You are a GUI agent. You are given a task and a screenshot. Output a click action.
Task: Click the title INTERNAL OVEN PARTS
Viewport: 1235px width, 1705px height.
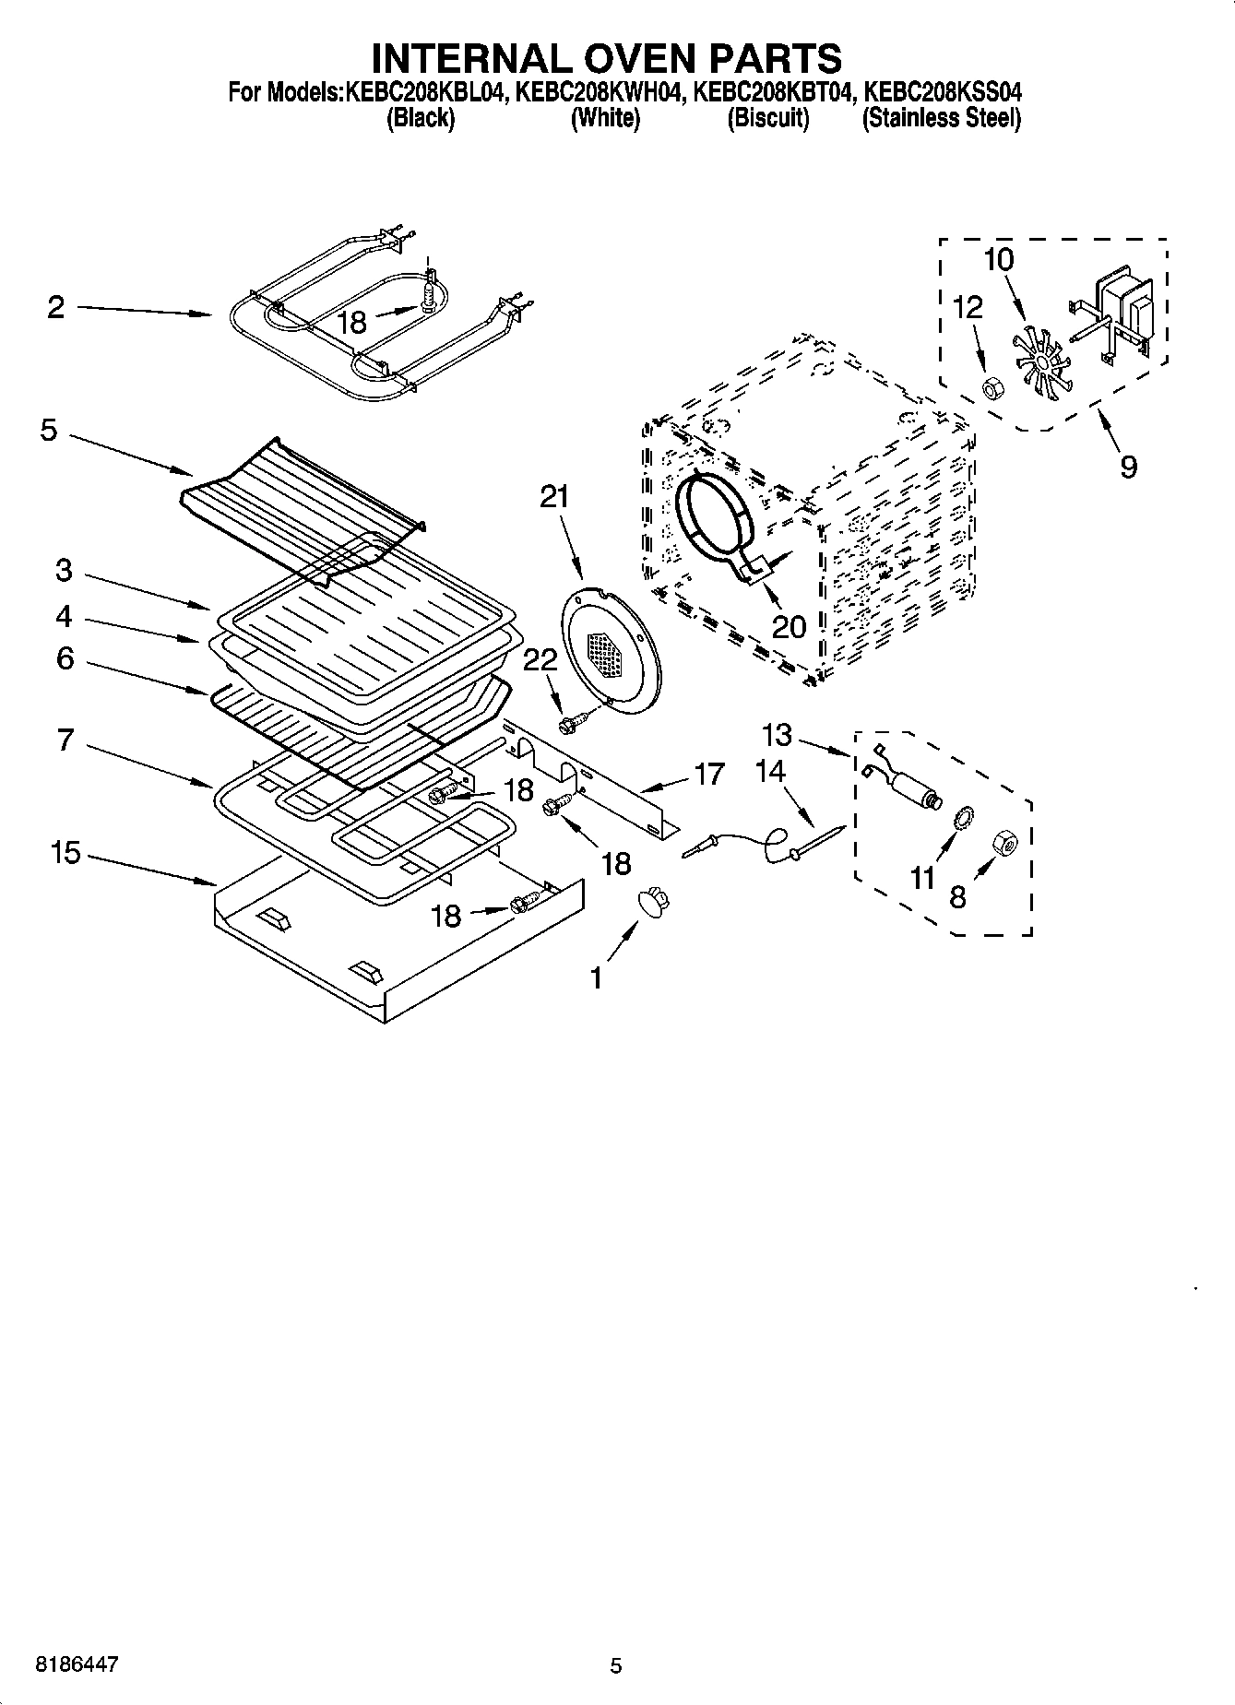pyautogui.click(x=606, y=57)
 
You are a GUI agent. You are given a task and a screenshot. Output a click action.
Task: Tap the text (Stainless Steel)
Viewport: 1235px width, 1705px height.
pyautogui.click(x=941, y=118)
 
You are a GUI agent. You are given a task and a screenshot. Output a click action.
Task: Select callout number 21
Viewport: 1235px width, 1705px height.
pyautogui.click(x=555, y=497)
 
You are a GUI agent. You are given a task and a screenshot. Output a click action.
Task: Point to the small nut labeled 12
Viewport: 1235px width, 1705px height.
pyautogui.click(x=992, y=388)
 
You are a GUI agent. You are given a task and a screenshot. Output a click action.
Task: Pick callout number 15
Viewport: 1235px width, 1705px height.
pyautogui.click(x=65, y=853)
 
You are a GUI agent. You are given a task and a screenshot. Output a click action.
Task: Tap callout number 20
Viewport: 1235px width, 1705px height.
pyautogui.click(x=789, y=627)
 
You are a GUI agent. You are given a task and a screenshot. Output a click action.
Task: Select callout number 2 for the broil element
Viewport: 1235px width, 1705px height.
pyautogui.click(x=56, y=307)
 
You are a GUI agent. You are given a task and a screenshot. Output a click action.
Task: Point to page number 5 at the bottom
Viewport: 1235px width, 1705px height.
pyautogui.click(x=616, y=1665)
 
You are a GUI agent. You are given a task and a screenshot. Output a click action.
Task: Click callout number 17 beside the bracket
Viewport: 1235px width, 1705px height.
pyautogui.click(x=708, y=773)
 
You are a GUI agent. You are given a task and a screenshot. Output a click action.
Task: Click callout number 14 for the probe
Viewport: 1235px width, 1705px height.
pyautogui.click(x=770, y=770)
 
